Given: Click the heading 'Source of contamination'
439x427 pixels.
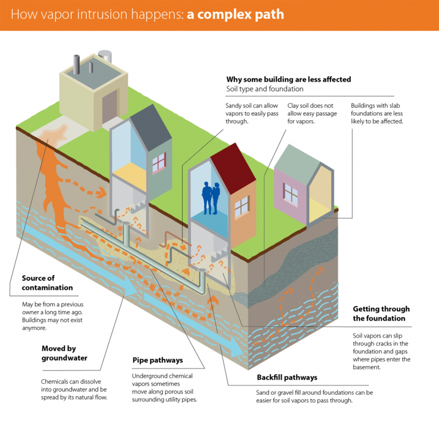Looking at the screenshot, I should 47,283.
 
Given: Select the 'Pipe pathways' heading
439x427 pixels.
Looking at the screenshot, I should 157,361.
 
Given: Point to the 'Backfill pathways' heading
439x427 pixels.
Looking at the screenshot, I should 287,378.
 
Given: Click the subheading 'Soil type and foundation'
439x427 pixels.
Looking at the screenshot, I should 264,89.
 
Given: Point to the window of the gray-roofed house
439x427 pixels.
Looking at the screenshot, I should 159,162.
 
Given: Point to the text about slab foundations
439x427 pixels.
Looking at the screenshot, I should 378,113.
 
